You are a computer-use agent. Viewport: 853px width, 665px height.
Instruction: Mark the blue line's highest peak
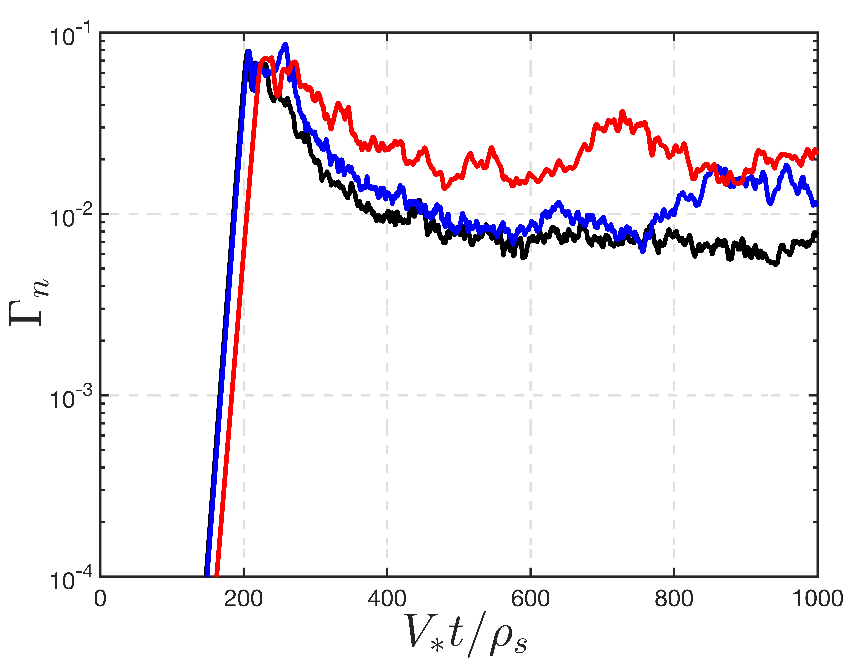[x=286, y=44]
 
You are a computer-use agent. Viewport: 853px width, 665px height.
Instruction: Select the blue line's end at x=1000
[x=816, y=204]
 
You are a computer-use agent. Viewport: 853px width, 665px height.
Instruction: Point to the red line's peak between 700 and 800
[x=622, y=112]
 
